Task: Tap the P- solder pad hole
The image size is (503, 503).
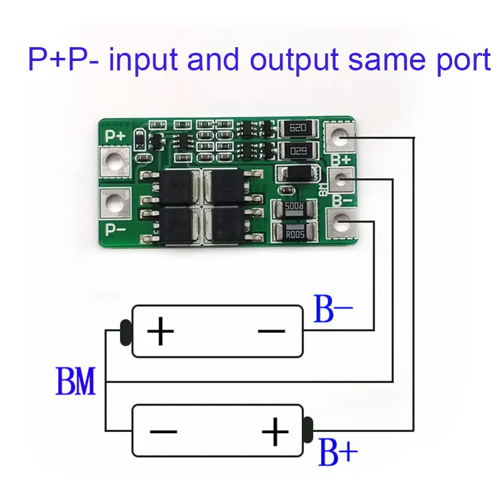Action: click(x=114, y=202)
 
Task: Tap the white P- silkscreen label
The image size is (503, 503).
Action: click(x=115, y=229)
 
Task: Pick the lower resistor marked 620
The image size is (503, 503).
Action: click(x=297, y=152)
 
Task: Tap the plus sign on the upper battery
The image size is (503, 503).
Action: click(x=160, y=331)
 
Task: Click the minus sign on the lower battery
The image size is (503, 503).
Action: click(x=162, y=433)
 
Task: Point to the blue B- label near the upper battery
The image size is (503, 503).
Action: click(x=333, y=311)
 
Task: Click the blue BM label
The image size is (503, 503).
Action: click(x=76, y=382)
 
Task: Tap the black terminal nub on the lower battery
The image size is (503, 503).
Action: click(x=308, y=429)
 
